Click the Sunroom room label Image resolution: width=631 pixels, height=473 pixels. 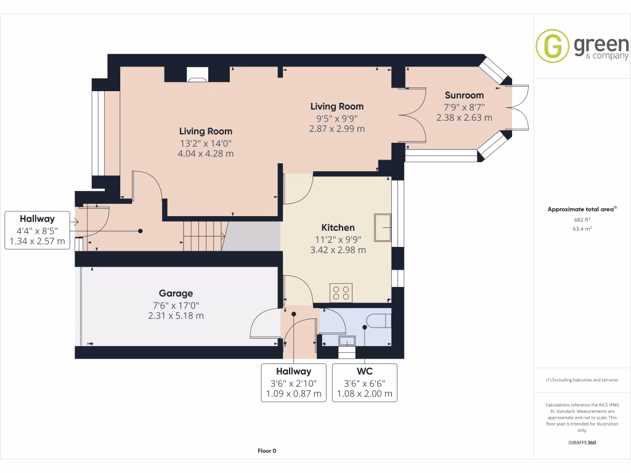pyautogui.click(x=464, y=95)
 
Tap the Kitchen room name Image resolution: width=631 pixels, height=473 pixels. pyautogui.click(x=337, y=227)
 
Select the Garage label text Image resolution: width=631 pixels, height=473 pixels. pyautogui.click(x=176, y=293)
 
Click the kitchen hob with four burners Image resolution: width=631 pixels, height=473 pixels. pyautogui.click(x=341, y=292)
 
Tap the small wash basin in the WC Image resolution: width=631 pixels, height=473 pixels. pyautogui.click(x=346, y=341)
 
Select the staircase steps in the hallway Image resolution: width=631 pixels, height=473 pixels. pyautogui.click(x=202, y=235)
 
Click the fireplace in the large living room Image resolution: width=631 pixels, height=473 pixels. pyautogui.click(x=197, y=76)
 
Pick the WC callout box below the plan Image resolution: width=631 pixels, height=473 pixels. pyautogui.click(x=364, y=382)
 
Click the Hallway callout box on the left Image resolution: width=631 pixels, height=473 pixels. pyautogui.click(x=37, y=230)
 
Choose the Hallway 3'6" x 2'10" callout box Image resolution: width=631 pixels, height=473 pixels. pyautogui.click(x=293, y=382)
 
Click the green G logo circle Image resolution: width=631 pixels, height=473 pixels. pyautogui.click(x=552, y=46)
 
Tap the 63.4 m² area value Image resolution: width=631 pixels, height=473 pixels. pyautogui.click(x=582, y=228)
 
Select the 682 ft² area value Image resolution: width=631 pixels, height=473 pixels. pyautogui.click(x=582, y=219)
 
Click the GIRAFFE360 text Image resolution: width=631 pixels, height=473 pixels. pyautogui.click(x=582, y=442)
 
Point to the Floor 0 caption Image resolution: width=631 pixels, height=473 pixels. pyautogui.click(x=267, y=451)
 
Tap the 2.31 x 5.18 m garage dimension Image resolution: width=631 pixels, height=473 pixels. pyautogui.click(x=176, y=315)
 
